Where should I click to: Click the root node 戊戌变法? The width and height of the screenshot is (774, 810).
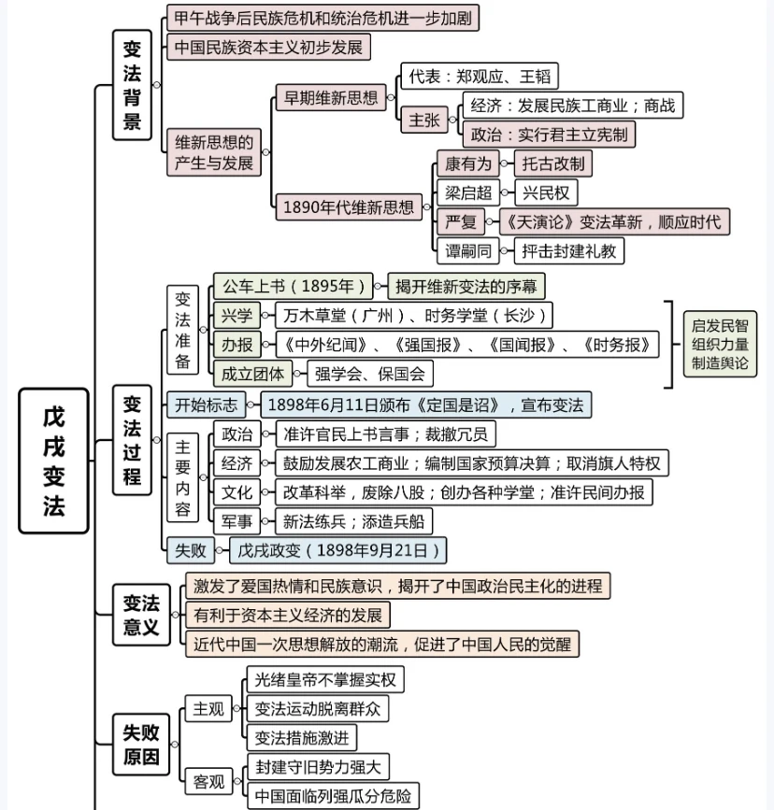[x=54, y=461]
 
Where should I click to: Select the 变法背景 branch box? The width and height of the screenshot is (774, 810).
[x=133, y=85]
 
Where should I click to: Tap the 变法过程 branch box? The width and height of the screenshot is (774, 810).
[x=133, y=440]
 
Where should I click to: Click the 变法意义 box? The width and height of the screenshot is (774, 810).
[x=142, y=615]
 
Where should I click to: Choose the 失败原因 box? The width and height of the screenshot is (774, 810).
[x=141, y=745]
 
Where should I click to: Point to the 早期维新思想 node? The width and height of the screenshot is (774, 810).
[x=331, y=98]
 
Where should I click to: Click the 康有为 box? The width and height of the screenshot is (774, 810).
[x=468, y=163]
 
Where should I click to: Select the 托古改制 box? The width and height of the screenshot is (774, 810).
[x=553, y=163]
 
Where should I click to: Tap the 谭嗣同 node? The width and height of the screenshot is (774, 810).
[x=468, y=251]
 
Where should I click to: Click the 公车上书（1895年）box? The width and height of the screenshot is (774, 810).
[x=294, y=286]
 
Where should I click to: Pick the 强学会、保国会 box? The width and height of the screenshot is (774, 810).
[x=370, y=374]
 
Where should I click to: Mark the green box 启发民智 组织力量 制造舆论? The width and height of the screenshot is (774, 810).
[x=720, y=344]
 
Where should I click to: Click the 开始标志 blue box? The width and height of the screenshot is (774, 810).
[x=206, y=405]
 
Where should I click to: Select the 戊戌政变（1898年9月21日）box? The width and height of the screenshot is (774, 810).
[x=338, y=550]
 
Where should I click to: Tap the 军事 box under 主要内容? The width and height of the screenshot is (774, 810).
[x=236, y=521]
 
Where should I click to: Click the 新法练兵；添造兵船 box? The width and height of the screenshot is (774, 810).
[x=353, y=521]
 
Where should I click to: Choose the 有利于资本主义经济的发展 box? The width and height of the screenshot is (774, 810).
[x=288, y=615]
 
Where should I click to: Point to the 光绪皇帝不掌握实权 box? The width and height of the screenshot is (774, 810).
[x=325, y=679]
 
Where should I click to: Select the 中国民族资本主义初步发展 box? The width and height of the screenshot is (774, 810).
[x=269, y=47]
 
